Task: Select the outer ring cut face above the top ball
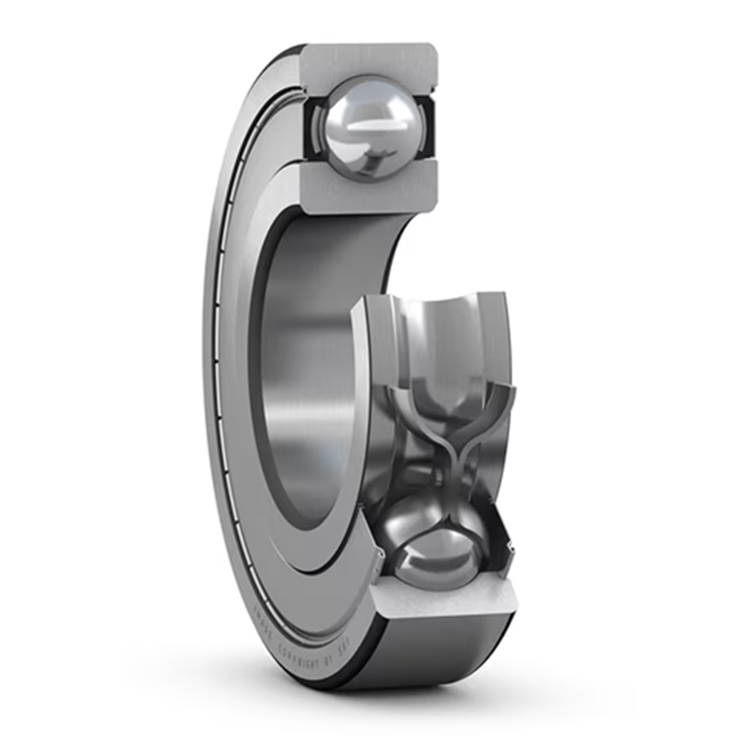pyautogui.click(x=370, y=60)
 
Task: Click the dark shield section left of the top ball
pyautogui.click(x=311, y=128)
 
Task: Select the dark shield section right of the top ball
pyautogui.click(x=428, y=128)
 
